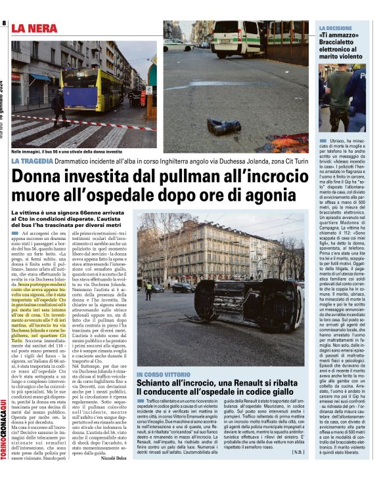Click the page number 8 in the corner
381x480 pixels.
(4, 24)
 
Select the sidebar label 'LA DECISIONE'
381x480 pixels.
(340, 28)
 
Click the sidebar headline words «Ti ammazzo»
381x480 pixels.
(340, 37)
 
